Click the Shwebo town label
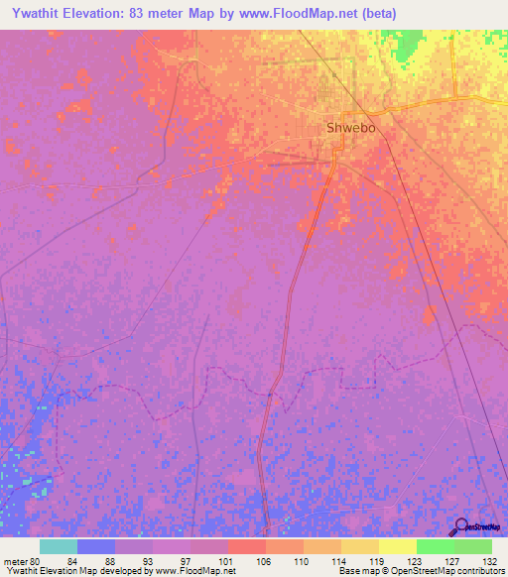pos(354,128)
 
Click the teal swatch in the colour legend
pos(59,546)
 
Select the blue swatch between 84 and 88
pos(96,546)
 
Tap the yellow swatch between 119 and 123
pos(398,546)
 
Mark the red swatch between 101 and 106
pos(247,546)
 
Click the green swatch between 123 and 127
pos(436,546)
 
